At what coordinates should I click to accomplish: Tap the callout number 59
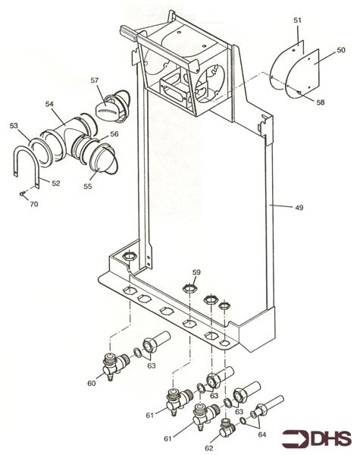(x=196, y=271)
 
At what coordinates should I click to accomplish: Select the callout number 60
(x=92, y=384)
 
